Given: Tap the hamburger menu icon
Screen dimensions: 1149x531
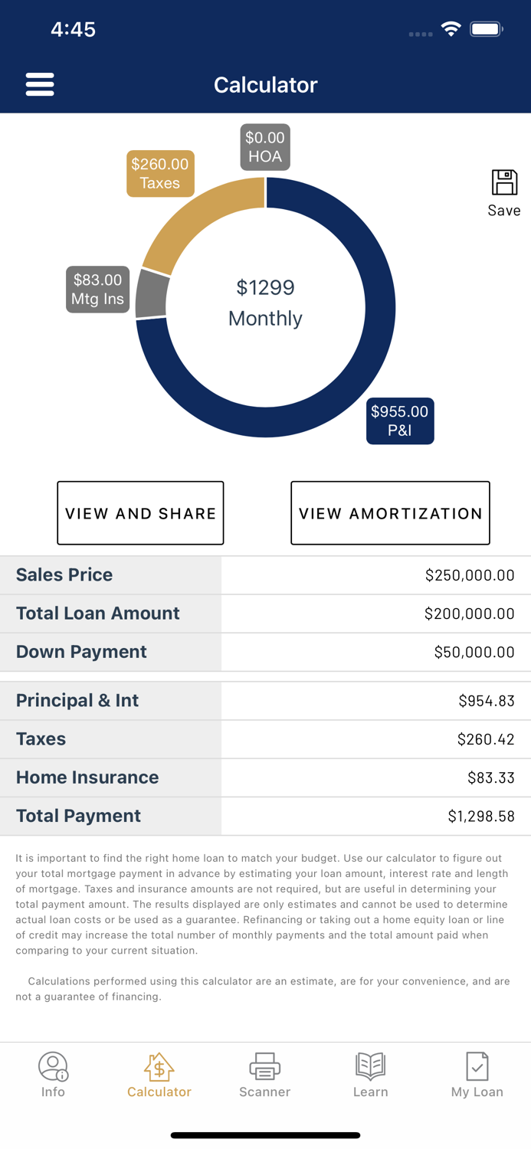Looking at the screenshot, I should click(40, 84).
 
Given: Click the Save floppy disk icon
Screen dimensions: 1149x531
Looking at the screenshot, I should click(504, 183).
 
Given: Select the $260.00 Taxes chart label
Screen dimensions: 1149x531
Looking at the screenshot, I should click(159, 174).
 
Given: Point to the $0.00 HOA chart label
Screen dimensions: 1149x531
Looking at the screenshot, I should click(265, 147).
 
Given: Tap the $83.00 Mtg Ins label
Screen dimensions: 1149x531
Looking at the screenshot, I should click(97, 290).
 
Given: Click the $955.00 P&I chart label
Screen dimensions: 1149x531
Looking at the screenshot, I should click(400, 421).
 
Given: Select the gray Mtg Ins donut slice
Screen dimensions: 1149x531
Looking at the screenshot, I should click(152, 294).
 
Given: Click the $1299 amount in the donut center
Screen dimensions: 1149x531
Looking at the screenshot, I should click(265, 288).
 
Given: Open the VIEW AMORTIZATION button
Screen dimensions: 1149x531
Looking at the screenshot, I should click(390, 513).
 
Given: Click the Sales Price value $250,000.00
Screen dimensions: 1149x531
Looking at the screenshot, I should click(470, 575).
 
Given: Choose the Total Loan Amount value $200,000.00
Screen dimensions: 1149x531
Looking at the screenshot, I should click(469, 614).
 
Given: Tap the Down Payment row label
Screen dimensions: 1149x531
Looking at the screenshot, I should click(81, 652).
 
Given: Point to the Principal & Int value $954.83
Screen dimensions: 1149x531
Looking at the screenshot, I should click(487, 701).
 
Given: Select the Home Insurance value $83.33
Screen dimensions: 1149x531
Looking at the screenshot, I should click(491, 777).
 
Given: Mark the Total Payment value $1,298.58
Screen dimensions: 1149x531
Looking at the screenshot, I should click(481, 817).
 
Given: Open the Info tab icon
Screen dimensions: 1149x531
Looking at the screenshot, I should click(53, 1066).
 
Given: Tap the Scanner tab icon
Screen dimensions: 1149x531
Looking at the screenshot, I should click(264, 1066).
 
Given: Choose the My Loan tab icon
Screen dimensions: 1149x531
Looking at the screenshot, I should click(477, 1066).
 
